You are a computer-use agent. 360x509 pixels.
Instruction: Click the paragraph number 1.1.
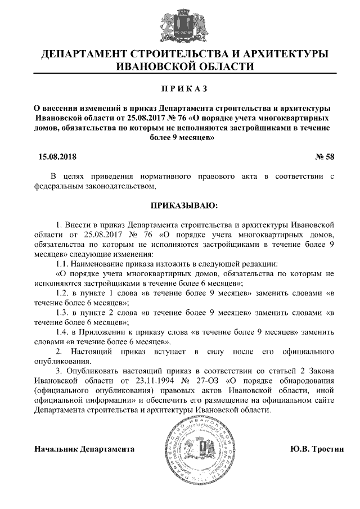(x=63, y=263)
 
